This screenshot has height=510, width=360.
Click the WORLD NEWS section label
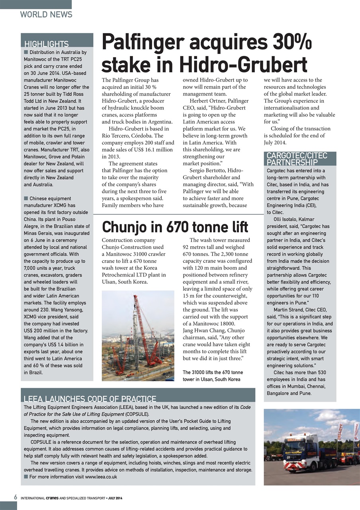[46, 15]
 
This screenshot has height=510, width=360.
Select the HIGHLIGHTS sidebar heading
[46, 44]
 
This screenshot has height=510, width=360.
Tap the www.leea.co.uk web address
[101, 477]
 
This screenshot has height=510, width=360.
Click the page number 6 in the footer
[15, 498]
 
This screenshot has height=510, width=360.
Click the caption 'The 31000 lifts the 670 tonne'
[213, 373]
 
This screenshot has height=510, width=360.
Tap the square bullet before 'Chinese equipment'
[26, 198]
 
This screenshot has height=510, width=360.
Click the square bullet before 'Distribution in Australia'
[26, 52]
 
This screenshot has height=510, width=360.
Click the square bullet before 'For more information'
[26, 477]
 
